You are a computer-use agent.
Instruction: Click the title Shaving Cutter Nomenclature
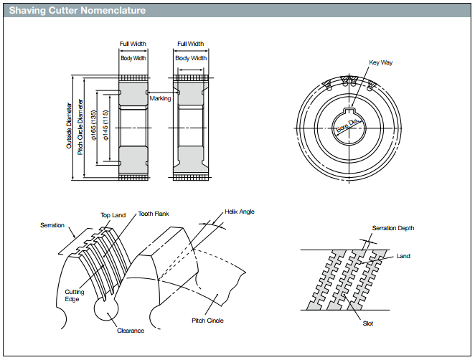click(x=77, y=11)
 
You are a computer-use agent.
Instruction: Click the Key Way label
click(x=380, y=62)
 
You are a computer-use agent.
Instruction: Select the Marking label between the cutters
click(x=160, y=98)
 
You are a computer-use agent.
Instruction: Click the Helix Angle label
click(x=240, y=212)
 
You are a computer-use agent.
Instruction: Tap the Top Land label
click(x=113, y=214)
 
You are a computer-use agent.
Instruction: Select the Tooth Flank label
click(x=153, y=213)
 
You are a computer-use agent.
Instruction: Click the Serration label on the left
click(x=52, y=225)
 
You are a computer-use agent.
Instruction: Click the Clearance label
click(x=131, y=331)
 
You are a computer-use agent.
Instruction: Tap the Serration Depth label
click(x=392, y=228)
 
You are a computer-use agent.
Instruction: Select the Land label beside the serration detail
click(x=403, y=256)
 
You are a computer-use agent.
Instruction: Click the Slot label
click(x=367, y=323)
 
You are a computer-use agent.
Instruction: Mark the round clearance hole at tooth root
click(x=106, y=309)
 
